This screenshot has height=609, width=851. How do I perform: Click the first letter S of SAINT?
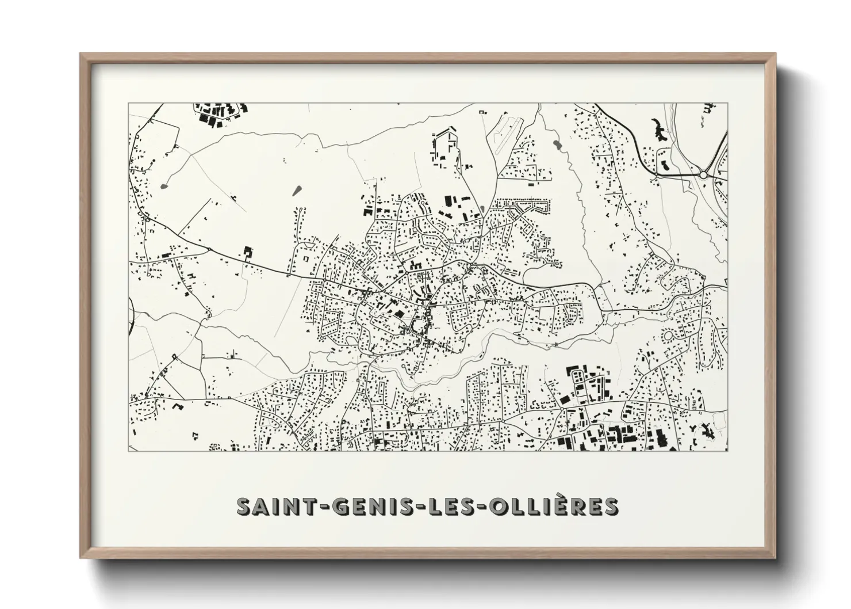click(244, 507)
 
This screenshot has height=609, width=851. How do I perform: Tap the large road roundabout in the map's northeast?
click(703, 174)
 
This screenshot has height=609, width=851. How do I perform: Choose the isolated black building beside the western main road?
click(248, 253)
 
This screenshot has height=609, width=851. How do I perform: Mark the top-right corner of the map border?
click(727, 104)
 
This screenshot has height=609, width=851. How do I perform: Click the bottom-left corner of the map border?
click(128, 451)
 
